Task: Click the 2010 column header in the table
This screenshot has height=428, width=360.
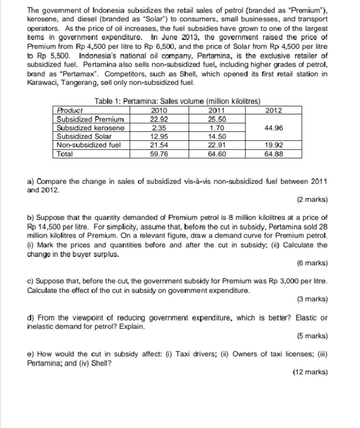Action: (x=159, y=110)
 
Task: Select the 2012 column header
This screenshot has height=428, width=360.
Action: (x=273, y=110)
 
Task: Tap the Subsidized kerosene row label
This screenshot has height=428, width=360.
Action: (x=90, y=128)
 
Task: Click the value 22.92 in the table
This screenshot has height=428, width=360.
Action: (x=159, y=119)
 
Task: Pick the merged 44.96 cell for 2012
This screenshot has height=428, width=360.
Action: (x=273, y=128)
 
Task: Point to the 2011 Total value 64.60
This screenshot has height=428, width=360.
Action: (x=217, y=154)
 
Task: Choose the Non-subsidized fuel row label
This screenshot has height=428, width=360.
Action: (x=89, y=145)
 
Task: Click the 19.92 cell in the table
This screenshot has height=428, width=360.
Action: (x=273, y=145)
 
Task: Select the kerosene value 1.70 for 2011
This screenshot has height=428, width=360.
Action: (x=217, y=128)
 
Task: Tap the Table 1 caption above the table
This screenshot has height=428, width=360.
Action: (x=177, y=101)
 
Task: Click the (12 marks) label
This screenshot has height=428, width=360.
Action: (x=310, y=372)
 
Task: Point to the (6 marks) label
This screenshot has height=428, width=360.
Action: (x=312, y=263)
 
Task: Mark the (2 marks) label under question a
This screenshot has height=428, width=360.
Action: (x=312, y=200)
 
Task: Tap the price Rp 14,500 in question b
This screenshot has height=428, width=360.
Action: (x=45, y=227)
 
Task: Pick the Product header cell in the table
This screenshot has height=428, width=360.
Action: (x=70, y=110)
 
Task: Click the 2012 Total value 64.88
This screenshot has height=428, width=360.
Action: (x=273, y=154)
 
